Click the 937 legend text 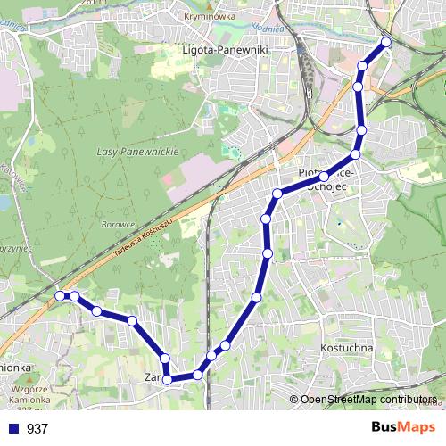pos(37,429)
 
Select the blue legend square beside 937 pos(13,429)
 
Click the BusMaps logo pos(403,428)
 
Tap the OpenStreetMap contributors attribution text pos(368,401)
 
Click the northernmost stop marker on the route pos(386,42)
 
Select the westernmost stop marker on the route pos(60,295)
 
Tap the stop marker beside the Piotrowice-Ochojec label pos(324,177)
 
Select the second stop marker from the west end pos(75,296)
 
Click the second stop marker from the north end pos(363,65)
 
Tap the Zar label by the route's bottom pos(151,377)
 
